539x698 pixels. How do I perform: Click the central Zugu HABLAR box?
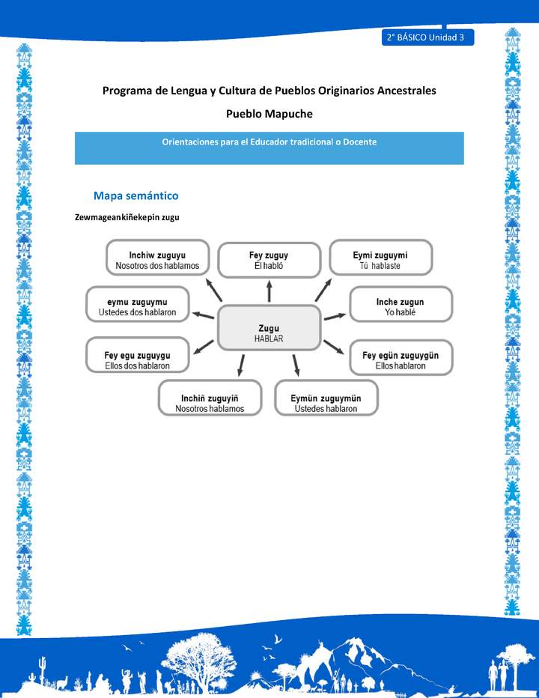[x=269, y=333]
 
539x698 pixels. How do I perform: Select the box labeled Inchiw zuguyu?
[x=157, y=260]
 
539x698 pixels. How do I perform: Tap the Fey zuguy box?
[x=269, y=260]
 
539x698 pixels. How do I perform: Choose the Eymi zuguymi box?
[x=380, y=260]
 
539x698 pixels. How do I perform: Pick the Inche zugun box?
[x=401, y=306]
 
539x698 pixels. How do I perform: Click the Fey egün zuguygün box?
[x=401, y=359]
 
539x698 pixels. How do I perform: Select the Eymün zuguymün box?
[x=326, y=398]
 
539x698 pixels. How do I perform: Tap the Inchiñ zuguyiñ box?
[x=210, y=398]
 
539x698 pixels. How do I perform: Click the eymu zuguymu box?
[x=138, y=306]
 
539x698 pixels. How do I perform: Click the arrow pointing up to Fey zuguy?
[x=269, y=291]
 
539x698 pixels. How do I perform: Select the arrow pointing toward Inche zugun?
[x=334, y=318]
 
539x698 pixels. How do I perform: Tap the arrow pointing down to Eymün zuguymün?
[x=296, y=365]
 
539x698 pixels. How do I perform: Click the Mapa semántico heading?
[x=135, y=195]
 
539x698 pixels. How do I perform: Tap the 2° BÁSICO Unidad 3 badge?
[x=427, y=37]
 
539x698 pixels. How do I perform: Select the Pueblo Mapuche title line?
[x=269, y=114]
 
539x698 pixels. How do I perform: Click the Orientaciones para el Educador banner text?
[x=269, y=142]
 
